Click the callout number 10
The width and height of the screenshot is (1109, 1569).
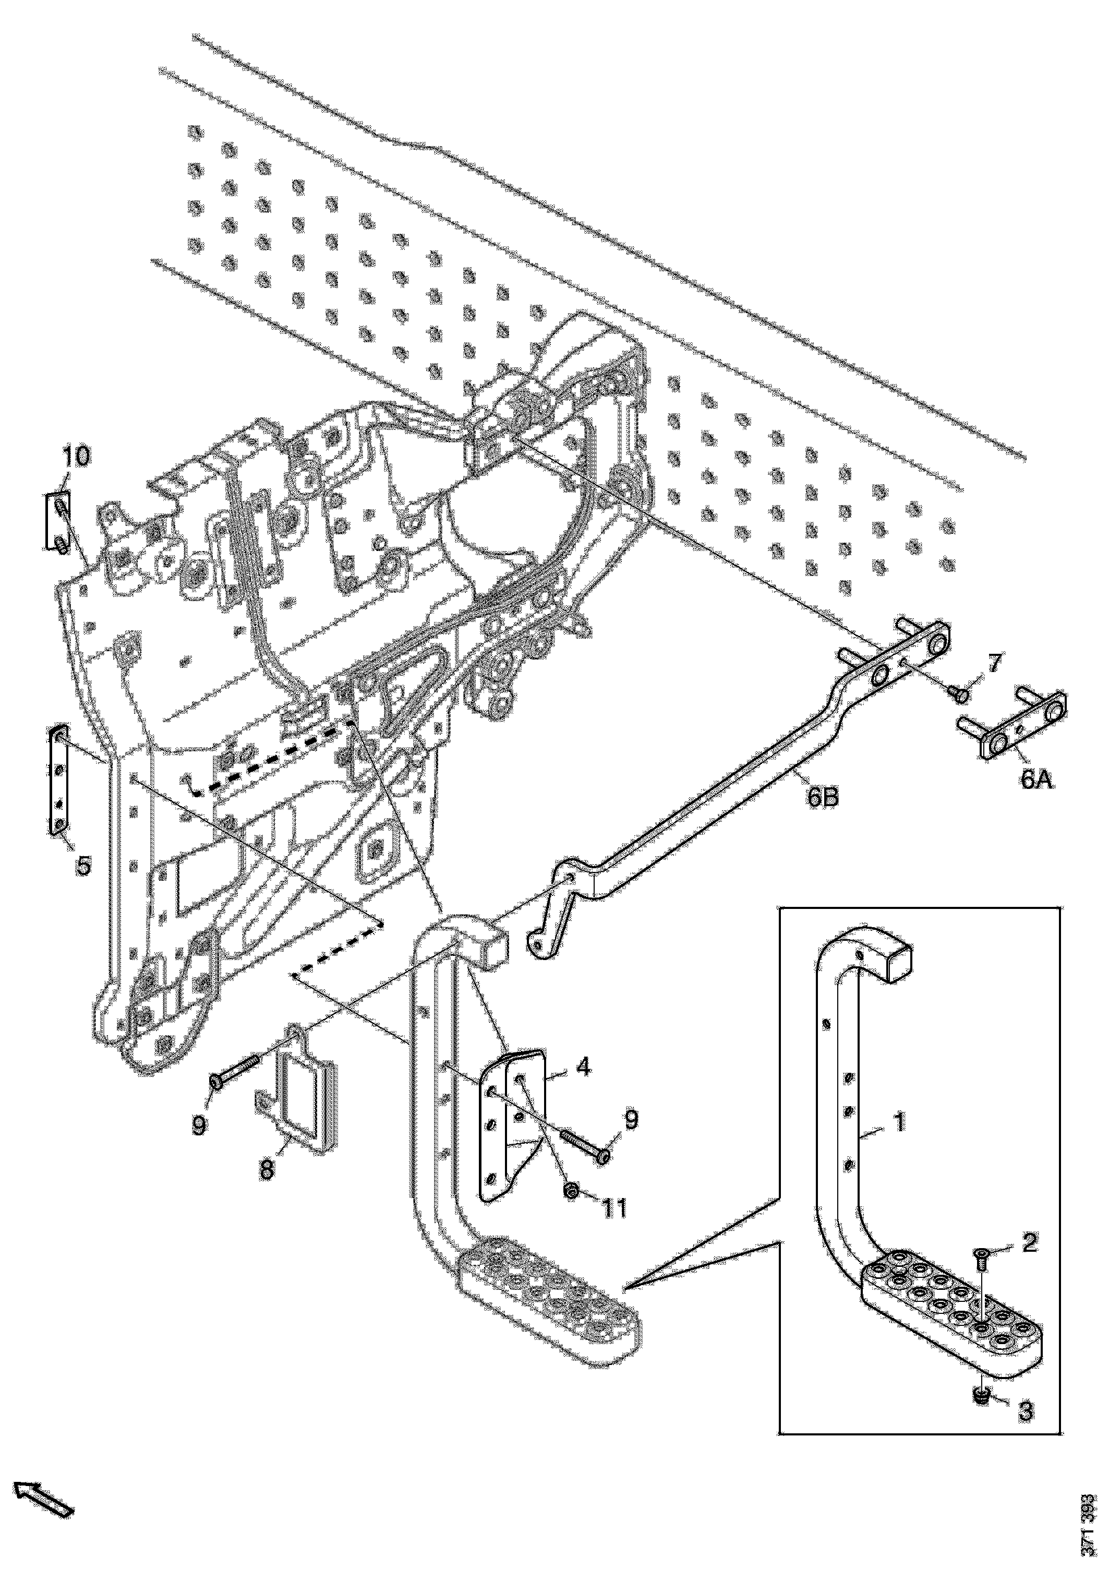click(77, 457)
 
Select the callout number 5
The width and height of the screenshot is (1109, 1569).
click(83, 865)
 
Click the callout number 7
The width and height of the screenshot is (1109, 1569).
click(994, 662)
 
